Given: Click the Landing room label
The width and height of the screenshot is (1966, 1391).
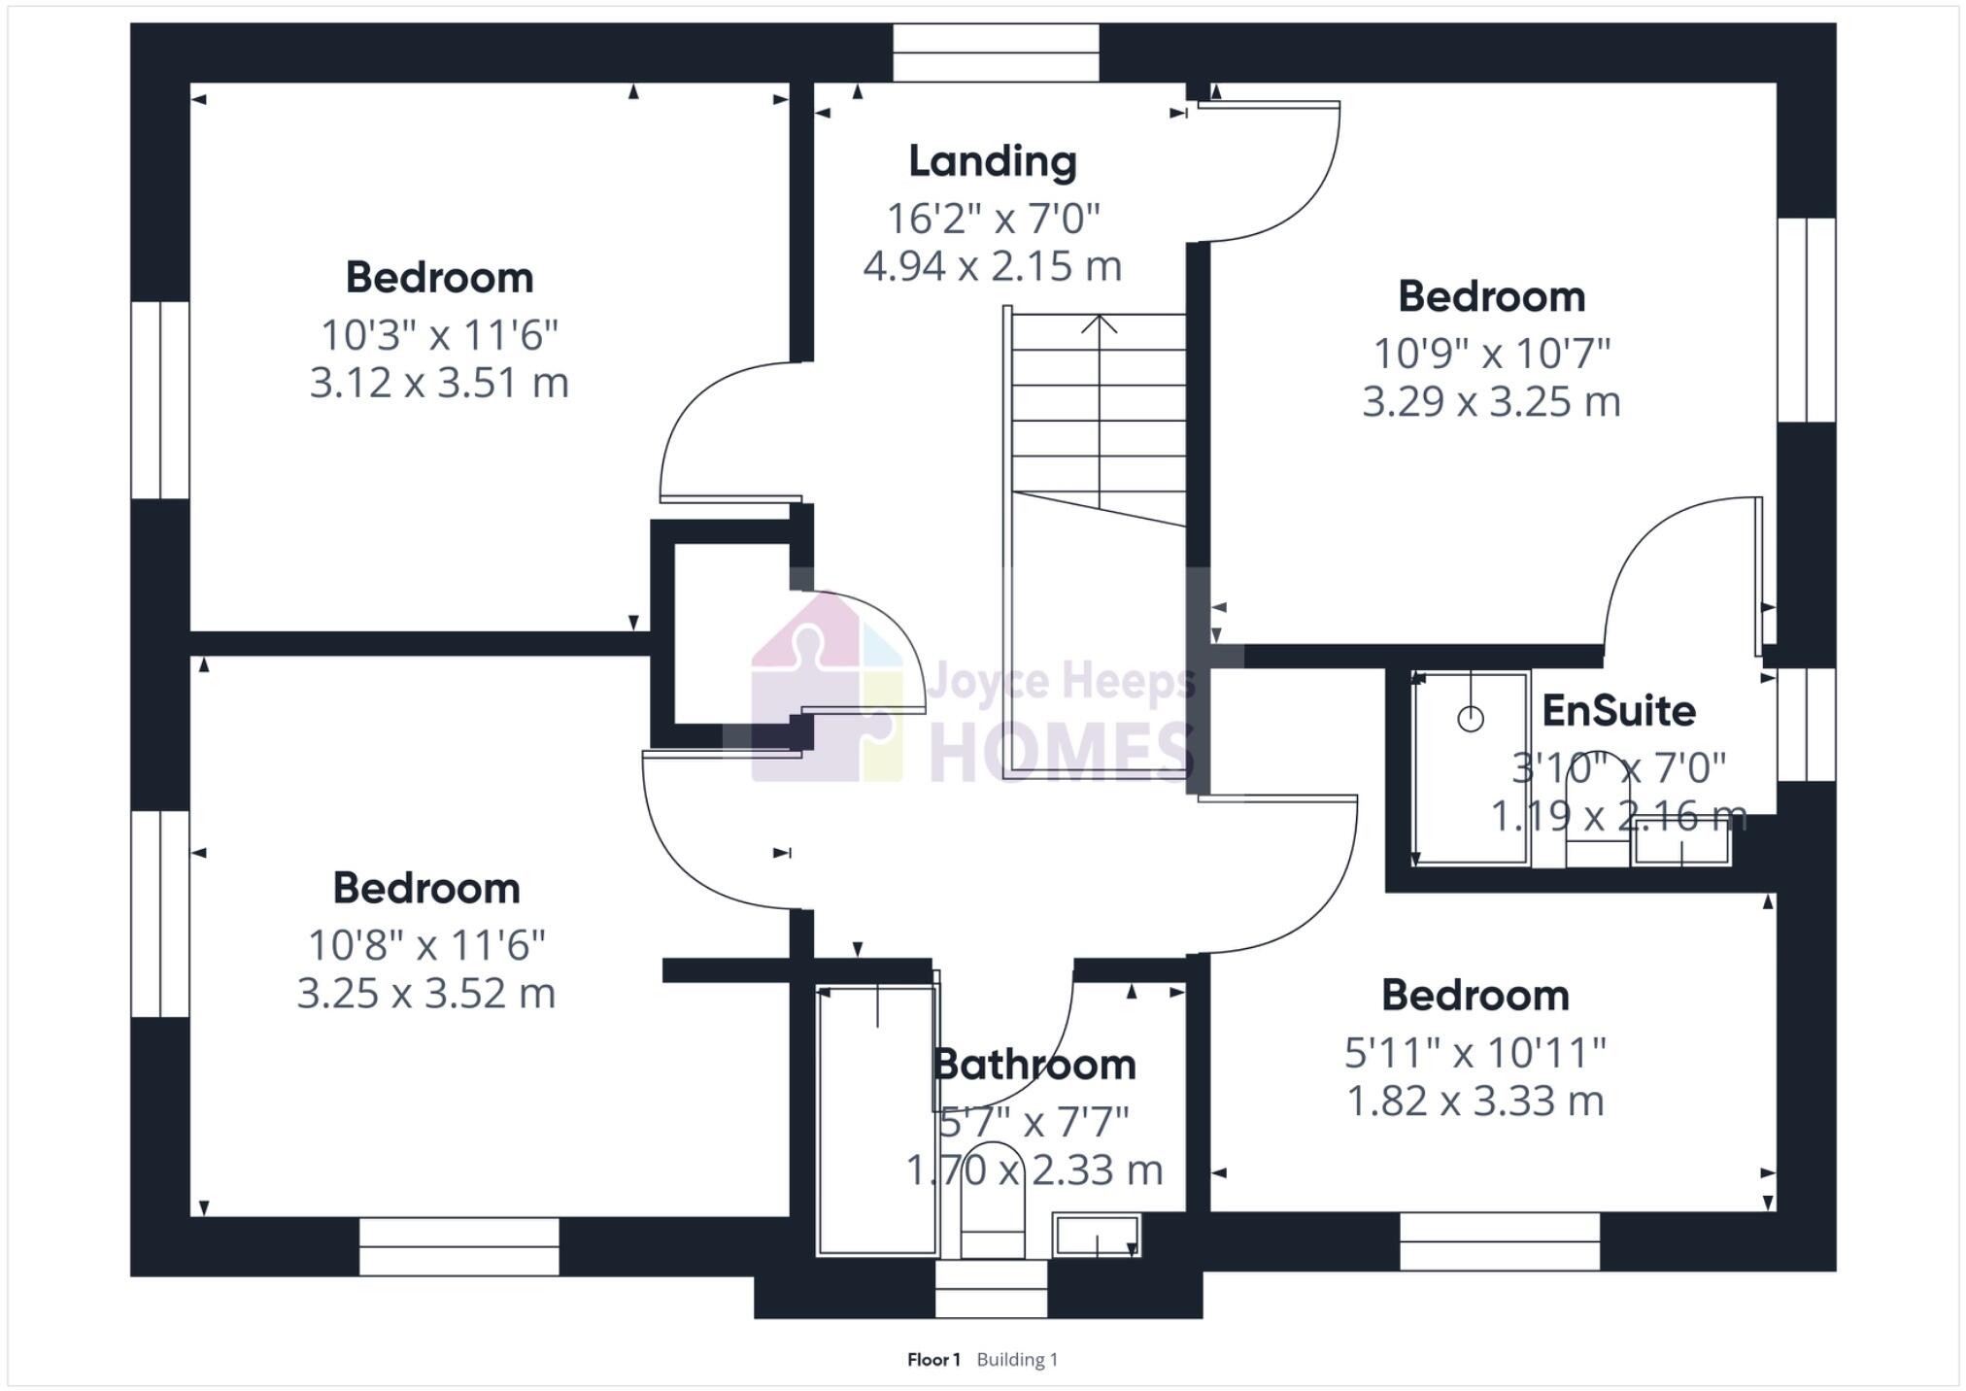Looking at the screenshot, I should (992, 161).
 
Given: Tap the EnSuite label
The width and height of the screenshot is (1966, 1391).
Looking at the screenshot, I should (1618, 711).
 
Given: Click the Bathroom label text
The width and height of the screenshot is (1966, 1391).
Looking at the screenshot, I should (1034, 1065).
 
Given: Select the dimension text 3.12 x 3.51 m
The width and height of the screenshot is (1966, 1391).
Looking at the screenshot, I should (439, 383).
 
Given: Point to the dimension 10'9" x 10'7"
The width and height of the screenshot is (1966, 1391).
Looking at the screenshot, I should (1491, 354).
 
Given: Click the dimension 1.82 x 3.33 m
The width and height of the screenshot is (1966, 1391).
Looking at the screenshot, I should (1474, 1101).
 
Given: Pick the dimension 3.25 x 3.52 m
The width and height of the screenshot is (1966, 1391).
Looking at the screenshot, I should (425, 994).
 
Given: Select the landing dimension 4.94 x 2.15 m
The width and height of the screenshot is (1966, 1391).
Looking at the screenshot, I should (992, 266).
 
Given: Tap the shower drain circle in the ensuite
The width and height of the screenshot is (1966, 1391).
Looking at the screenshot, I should (1471, 719).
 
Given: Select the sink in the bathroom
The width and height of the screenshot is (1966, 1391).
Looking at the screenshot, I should (1097, 1236).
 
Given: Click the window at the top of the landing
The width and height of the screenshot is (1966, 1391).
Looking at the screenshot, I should (996, 52).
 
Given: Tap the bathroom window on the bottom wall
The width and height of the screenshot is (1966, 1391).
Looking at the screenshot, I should (991, 1289).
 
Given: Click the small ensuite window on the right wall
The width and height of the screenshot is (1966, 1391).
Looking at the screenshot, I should (1806, 724).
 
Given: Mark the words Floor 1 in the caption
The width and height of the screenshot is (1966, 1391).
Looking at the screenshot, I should (932, 1360).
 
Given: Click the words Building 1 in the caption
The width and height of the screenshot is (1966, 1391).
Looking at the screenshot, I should (1017, 1360).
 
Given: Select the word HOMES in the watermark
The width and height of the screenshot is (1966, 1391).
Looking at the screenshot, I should (1062, 752).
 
